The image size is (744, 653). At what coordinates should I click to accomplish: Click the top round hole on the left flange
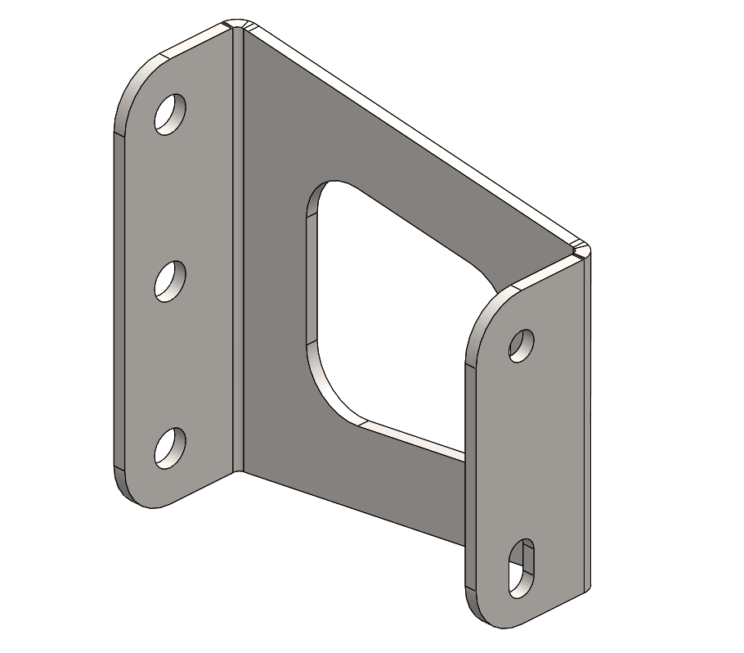[171, 114]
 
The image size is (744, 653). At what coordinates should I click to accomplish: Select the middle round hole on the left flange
[170, 281]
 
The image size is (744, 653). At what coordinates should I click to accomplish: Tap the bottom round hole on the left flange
[170, 448]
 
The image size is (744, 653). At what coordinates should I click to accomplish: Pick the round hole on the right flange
[521, 345]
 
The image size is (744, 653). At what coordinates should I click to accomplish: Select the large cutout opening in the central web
[392, 311]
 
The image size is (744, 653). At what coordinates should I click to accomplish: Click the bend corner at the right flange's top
[580, 250]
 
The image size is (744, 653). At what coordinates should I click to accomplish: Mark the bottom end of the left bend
[238, 470]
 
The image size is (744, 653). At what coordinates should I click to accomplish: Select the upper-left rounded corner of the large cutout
[319, 196]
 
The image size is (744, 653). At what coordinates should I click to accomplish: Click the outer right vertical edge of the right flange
[588, 426]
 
